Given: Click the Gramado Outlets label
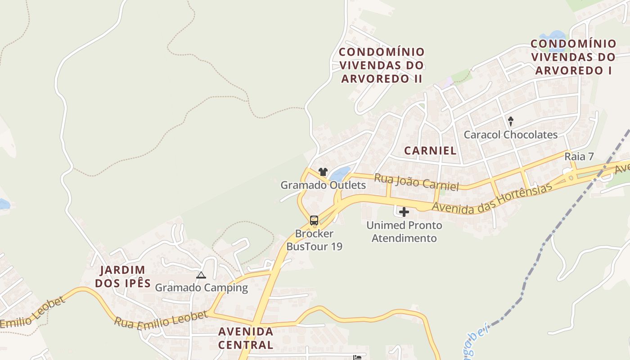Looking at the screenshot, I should (x=323, y=185).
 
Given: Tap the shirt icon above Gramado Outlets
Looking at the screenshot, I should (x=323, y=171).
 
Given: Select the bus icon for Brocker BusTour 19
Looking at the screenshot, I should (x=314, y=220).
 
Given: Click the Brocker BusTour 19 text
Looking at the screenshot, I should (x=314, y=240).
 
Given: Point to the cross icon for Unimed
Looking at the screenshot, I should (x=404, y=212).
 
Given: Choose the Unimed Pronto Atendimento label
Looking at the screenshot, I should (x=404, y=231).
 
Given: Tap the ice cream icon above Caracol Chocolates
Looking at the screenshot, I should (x=511, y=121).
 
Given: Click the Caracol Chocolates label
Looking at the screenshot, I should (x=510, y=135).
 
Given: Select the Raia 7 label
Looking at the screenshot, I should (x=579, y=157).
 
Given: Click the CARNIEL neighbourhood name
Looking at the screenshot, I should (x=430, y=150).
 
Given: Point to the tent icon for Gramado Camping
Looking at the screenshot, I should (x=201, y=275).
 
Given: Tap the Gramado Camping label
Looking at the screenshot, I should (x=201, y=288).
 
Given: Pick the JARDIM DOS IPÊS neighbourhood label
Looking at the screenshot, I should (x=123, y=276).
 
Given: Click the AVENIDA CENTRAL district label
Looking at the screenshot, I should (x=246, y=338).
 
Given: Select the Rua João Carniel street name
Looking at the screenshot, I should (x=416, y=182).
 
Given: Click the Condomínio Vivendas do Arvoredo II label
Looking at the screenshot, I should (x=382, y=65).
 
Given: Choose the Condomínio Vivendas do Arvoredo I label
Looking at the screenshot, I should (x=573, y=57).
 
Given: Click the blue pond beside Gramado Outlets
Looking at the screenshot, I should (x=340, y=173).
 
